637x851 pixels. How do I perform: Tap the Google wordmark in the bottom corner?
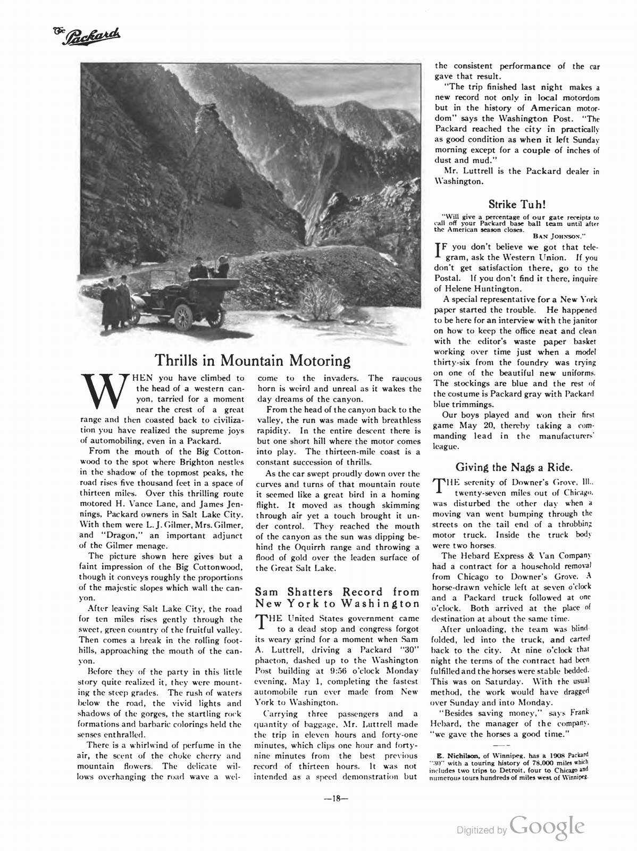[547, 828]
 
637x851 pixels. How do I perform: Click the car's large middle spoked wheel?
[182, 318]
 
